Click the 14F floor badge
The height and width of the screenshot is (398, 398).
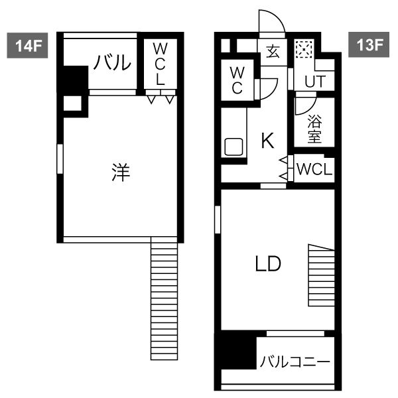click(x=27, y=45)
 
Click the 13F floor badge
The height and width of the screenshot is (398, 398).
click(x=369, y=44)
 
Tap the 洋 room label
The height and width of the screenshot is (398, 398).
click(x=121, y=172)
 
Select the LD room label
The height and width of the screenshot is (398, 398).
click(x=268, y=264)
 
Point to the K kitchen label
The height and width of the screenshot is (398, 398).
click(x=268, y=141)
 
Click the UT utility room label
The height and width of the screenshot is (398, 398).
click(x=315, y=82)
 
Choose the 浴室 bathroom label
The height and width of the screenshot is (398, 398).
click(x=314, y=129)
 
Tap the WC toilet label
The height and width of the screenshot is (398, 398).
click(x=237, y=80)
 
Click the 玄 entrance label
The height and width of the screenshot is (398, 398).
click(x=273, y=51)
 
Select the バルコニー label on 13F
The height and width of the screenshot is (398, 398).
click(x=295, y=362)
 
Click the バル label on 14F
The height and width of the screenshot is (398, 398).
click(x=112, y=62)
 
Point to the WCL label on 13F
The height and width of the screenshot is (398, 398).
click(x=314, y=169)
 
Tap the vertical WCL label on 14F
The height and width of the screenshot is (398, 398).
click(x=160, y=64)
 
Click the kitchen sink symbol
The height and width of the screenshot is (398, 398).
click(x=233, y=147)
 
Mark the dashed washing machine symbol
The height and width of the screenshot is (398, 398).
click(x=304, y=48)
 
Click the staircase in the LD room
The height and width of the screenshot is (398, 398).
click(x=321, y=275)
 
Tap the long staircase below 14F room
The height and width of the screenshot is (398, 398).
click(x=165, y=298)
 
